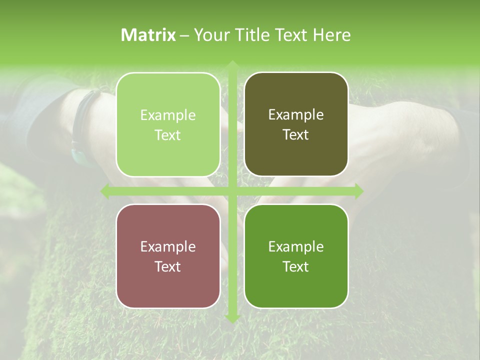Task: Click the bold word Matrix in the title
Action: (x=148, y=35)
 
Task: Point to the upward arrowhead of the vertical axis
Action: (x=232, y=65)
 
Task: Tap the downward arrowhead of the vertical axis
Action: (x=232, y=318)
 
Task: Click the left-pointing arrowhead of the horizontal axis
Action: (x=105, y=191)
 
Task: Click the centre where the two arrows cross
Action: (x=232, y=191)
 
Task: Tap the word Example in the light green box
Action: (x=168, y=115)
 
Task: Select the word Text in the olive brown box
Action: (x=296, y=135)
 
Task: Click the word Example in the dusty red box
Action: (x=168, y=247)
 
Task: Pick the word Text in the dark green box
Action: (x=296, y=267)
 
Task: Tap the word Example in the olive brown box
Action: (x=296, y=115)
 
